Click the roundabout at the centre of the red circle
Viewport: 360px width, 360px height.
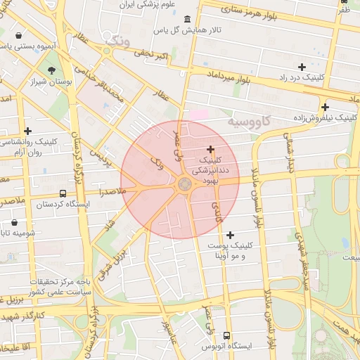pos(184,184)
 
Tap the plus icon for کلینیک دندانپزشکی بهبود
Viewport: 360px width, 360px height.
pos(211,149)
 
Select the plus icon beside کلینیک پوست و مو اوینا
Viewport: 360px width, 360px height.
pos(230,234)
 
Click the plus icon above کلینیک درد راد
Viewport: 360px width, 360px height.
pos(302,67)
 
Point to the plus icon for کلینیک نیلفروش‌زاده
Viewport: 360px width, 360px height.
pos(325,107)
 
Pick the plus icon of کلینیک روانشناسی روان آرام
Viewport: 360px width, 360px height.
pos(27,130)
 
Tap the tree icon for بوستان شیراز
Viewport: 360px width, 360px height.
pos(52,70)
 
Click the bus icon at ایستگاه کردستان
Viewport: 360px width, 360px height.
pos(63,193)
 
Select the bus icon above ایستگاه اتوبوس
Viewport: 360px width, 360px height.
pos(226,335)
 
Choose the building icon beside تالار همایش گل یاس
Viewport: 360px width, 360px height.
pos(186,19)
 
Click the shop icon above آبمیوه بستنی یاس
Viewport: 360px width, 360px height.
pos(17,34)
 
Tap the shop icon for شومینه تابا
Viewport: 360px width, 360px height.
pos(14,222)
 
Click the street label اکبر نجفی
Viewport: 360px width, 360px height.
pos(150,54)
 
